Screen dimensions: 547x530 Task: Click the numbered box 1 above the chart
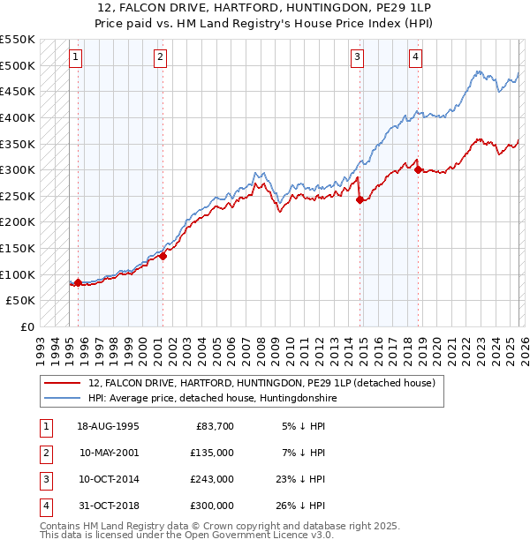(76, 58)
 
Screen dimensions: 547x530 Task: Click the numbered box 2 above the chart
(160, 58)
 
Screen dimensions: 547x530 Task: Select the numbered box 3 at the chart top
(357, 58)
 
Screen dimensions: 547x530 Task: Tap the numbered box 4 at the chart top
(415, 58)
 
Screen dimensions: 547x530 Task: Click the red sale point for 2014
(360, 199)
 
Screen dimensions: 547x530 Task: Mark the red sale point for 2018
(419, 170)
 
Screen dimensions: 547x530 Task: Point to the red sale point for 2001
(163, 256)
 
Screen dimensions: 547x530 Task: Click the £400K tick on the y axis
(18, 117)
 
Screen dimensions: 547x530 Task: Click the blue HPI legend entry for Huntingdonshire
(213, 399)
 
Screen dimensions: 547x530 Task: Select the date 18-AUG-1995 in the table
(109, 426)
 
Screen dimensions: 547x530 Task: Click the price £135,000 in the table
(212, 453)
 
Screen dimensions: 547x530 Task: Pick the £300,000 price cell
(212, 506)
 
